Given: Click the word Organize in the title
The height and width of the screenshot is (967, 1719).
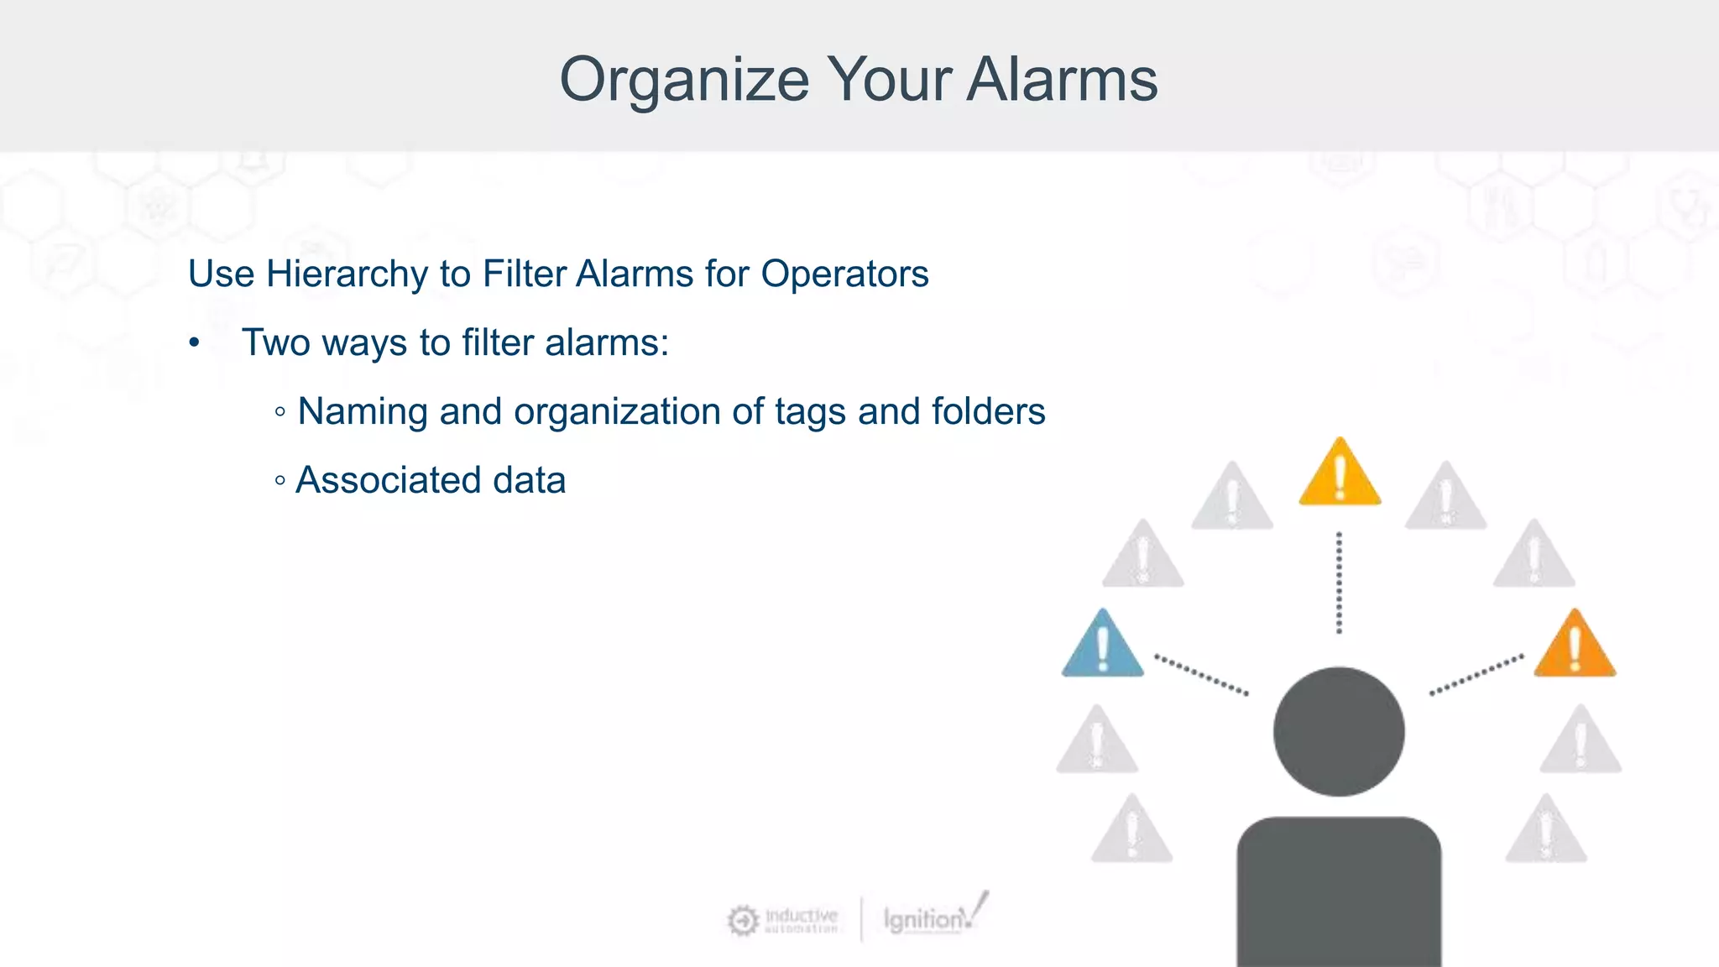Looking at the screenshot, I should pos(684,81).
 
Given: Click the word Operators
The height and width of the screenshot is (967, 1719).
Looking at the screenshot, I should pos(844,274).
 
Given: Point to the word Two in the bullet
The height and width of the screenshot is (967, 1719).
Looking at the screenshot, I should pos(276,343).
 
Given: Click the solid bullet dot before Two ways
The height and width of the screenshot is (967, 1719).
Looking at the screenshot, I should pos(195,343).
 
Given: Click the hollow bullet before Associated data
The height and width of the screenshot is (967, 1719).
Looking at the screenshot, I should pos(280,481).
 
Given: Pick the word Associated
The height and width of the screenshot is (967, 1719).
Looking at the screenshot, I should pos(389,481).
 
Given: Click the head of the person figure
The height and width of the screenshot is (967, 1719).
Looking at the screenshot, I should pos(1339,731).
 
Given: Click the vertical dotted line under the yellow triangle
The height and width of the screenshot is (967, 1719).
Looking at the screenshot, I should pos(1339,583).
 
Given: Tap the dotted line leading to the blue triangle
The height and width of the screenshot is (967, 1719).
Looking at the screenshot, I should pos(1200,674).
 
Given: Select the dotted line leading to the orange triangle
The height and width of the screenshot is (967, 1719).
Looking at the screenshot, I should pos(1477,675).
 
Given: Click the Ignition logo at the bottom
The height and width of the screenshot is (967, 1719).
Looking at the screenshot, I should pos(932,918).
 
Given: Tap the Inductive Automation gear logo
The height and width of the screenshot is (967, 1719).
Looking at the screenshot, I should pos(743,920).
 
